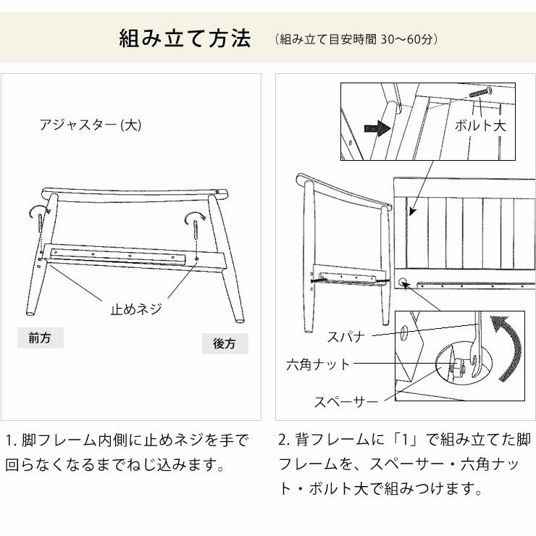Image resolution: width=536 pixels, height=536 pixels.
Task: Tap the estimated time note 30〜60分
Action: (x=357, y=38)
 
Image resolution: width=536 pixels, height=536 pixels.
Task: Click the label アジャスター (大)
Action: (x=91, y=125)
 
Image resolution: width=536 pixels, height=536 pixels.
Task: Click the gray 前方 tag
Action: (x=40, y=338)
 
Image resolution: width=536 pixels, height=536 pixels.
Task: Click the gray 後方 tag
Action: (x=225, y=344)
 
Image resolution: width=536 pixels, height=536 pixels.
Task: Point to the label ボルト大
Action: (x=480, y=125)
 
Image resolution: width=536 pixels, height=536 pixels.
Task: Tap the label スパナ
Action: (x=346, y=337)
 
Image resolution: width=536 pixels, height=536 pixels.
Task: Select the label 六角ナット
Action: (x=318, y=364)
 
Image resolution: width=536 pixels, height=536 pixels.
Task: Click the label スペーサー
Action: (x=346, y=401)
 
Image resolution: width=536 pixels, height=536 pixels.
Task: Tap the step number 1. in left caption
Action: (x=11, y=440)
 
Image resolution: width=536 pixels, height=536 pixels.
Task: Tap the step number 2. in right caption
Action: (x=285, y=440)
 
